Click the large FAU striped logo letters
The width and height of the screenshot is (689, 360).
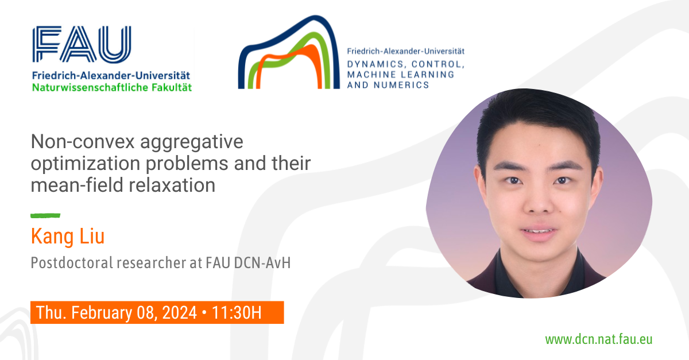click(82, 45)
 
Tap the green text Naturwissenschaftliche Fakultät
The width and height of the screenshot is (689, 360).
click(112, 88)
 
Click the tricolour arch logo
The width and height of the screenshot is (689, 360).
click(289, 52)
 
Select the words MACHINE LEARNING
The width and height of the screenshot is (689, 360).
click(401, 75)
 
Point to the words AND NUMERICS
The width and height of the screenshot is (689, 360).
click(388, 85)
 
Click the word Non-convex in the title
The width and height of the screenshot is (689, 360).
click(83, 142)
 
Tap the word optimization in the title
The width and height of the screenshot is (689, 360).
click(86, 164)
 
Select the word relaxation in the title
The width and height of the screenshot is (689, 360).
click(172, 185)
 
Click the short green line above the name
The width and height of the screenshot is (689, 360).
click(45, 216)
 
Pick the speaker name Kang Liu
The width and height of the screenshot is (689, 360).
click(68, 237)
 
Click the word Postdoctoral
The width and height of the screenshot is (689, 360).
click(72, 263)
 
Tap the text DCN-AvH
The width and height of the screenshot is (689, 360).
click(262, 263)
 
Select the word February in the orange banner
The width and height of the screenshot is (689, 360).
click(102, 312)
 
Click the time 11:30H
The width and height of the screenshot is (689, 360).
click(237, 312)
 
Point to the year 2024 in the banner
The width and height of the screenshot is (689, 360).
click(179, 313)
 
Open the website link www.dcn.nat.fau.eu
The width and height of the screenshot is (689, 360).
click(598, 339)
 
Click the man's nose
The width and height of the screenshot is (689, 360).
click(539, 200)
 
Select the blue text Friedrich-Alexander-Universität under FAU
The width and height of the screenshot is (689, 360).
click(111, 75)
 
